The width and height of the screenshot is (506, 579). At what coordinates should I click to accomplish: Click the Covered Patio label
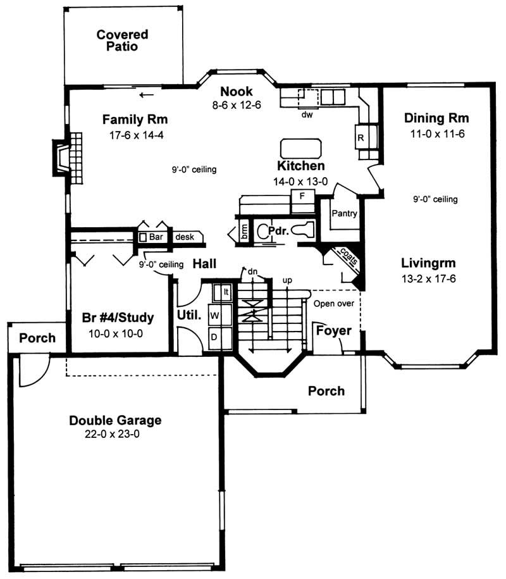122,40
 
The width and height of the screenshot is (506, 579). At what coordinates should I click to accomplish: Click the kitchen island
301,149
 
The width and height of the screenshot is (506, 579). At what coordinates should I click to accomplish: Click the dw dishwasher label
307,115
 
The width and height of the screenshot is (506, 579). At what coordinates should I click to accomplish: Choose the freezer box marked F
302,196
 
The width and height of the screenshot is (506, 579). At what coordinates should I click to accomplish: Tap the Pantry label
345,214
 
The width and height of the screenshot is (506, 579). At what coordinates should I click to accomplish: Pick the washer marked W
214,314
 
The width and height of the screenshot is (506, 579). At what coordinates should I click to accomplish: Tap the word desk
185,237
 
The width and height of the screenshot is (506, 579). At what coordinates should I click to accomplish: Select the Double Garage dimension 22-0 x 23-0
115,434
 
